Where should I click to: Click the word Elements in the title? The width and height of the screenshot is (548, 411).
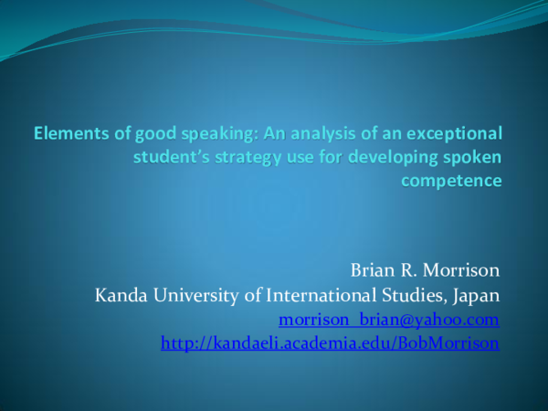(66, 134)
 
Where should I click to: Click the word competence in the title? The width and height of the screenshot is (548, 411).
(451, 180)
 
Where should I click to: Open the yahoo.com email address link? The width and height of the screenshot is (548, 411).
(388, 320)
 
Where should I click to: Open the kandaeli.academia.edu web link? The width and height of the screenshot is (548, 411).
(330, 343)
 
